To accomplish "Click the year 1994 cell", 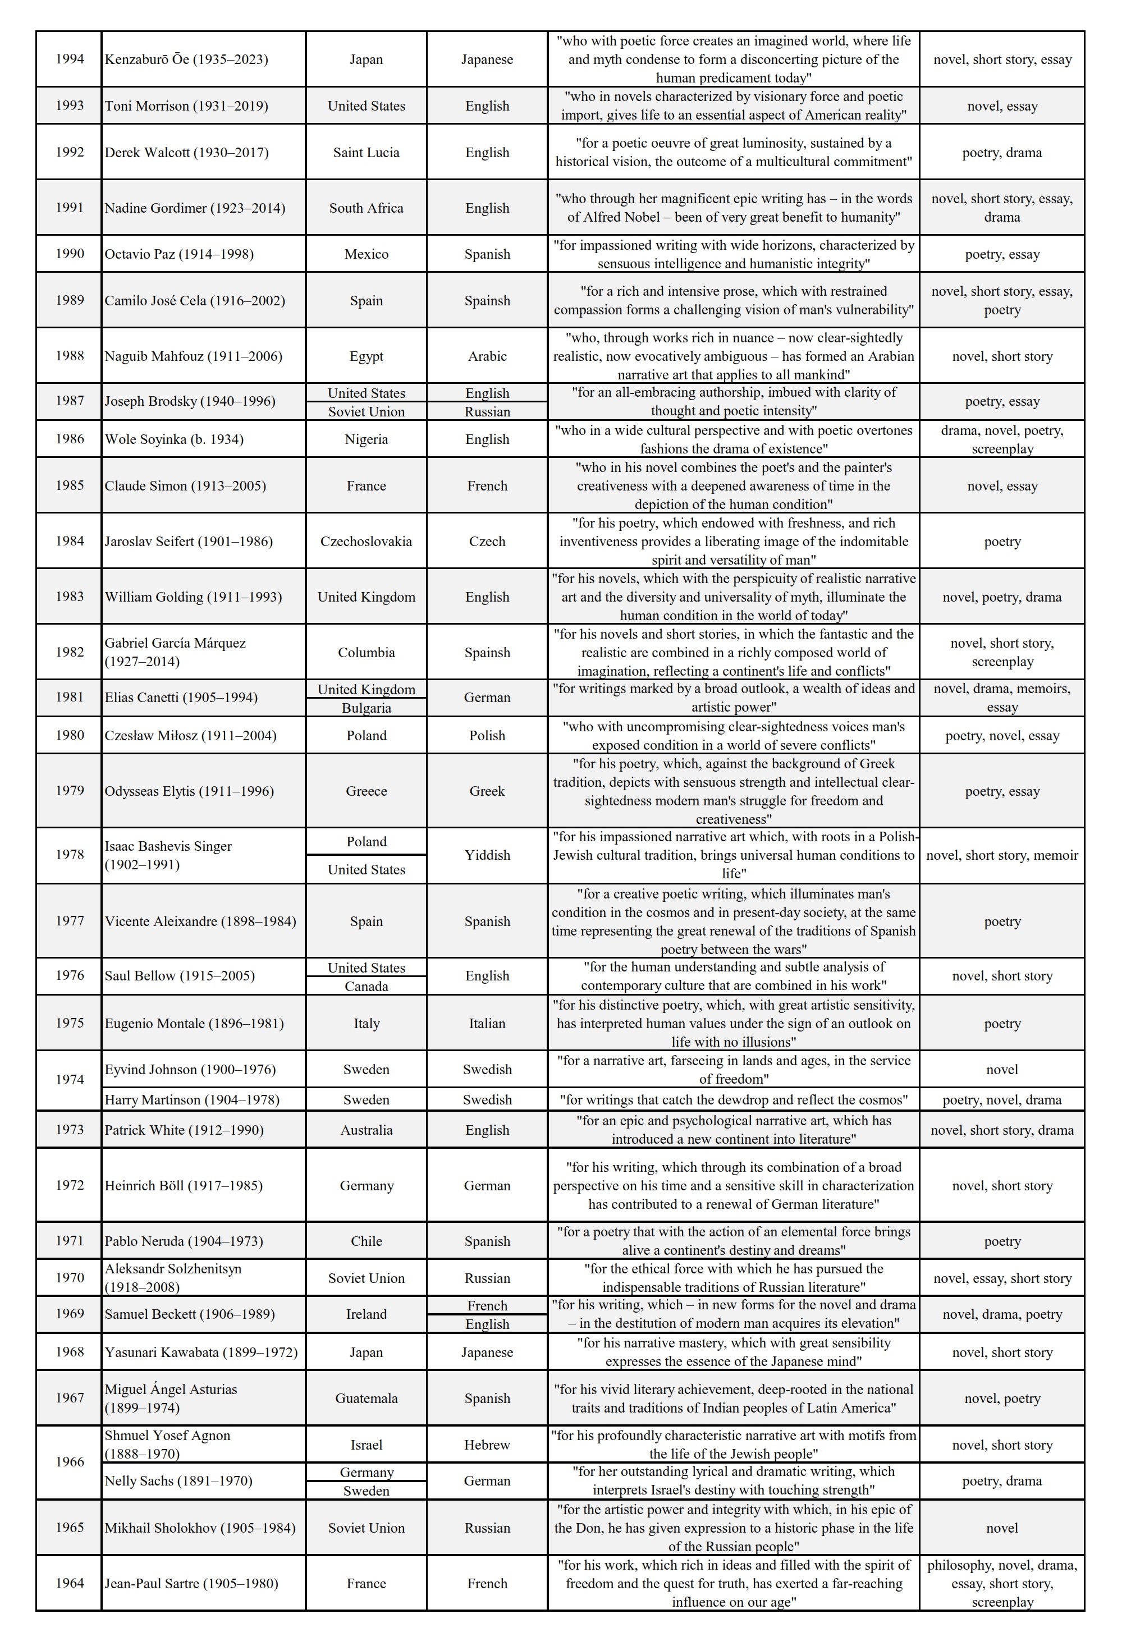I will [70, 59].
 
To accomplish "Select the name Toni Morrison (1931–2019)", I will [186, 106].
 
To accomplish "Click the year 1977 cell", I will [70, 921].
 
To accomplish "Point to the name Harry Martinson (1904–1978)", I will [192, 1100].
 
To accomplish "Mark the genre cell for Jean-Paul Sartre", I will [1001, 1584].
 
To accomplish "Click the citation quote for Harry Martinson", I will [734, 1100].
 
